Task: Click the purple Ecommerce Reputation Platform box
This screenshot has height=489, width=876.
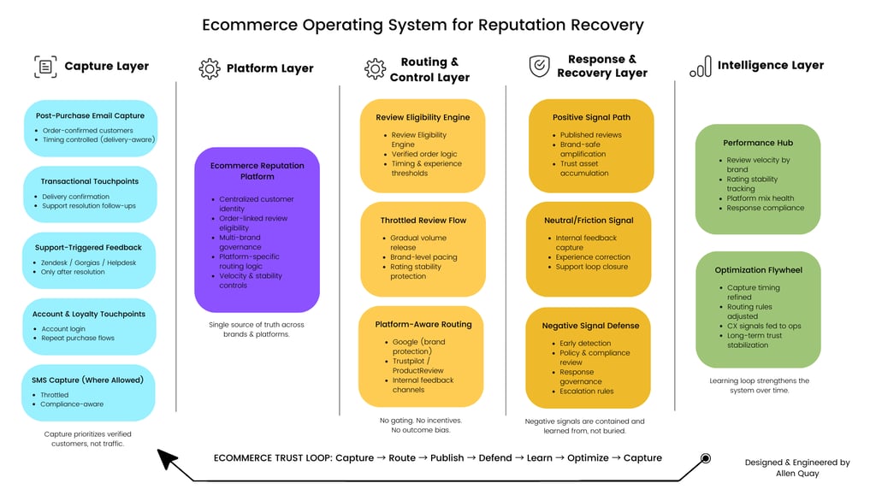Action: pyautogui.click(x=257, y=229)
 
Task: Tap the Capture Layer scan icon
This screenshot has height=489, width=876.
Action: pyautogui.click(x=44, y=67)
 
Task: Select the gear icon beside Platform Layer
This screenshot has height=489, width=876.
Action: pyautogui.click(x=210, y=69)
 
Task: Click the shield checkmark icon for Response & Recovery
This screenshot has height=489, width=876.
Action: pyautogui.click(x=539, y=67)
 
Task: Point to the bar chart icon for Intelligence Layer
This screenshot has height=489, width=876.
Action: pyautogui.click(x=700, y=67)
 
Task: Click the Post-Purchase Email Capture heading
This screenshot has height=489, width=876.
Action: pyautogui.click(x=90, y=115)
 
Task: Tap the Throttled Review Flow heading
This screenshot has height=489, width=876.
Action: pyautogui.click(x=423, y=221)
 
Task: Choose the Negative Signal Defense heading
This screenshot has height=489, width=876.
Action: pyautogui.click(x=590, y=326)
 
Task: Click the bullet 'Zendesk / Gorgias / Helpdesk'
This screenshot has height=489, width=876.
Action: pyautogui.click(x=89, y=262)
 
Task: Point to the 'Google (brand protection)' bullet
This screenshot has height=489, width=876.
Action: pyautogui.click(x=418, y=346)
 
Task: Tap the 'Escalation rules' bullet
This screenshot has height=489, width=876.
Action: pyautogui.click(x=586, y=392)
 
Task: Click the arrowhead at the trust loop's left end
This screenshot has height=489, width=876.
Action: pyautogui.click(x=169, y=462)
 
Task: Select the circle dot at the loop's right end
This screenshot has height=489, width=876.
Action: pyautogui.click(x=706, y=458)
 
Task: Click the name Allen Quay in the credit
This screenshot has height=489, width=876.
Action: pyautogui.click(x=796, y=474)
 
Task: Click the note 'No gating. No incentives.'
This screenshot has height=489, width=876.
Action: pyautogui.click(x=421, y=421)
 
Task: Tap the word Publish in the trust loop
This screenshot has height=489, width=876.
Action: pyautogui.click(x=447, y=458)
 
